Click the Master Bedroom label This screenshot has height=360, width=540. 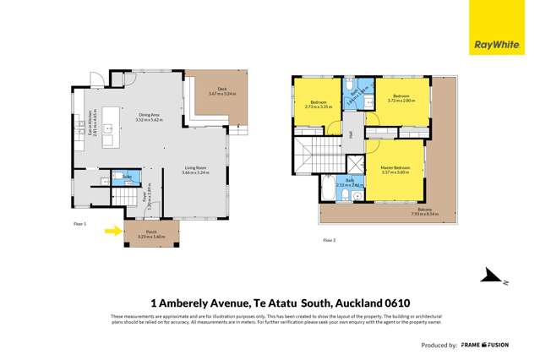coord(395,169)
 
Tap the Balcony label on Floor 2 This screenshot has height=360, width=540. coord(424,210)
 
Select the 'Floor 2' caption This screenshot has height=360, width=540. coord(330,240)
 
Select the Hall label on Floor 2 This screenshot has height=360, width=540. coord(350,134)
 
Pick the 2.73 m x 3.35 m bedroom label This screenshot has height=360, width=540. coord(307,105)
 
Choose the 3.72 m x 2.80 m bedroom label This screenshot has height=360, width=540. coord(398,99)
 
